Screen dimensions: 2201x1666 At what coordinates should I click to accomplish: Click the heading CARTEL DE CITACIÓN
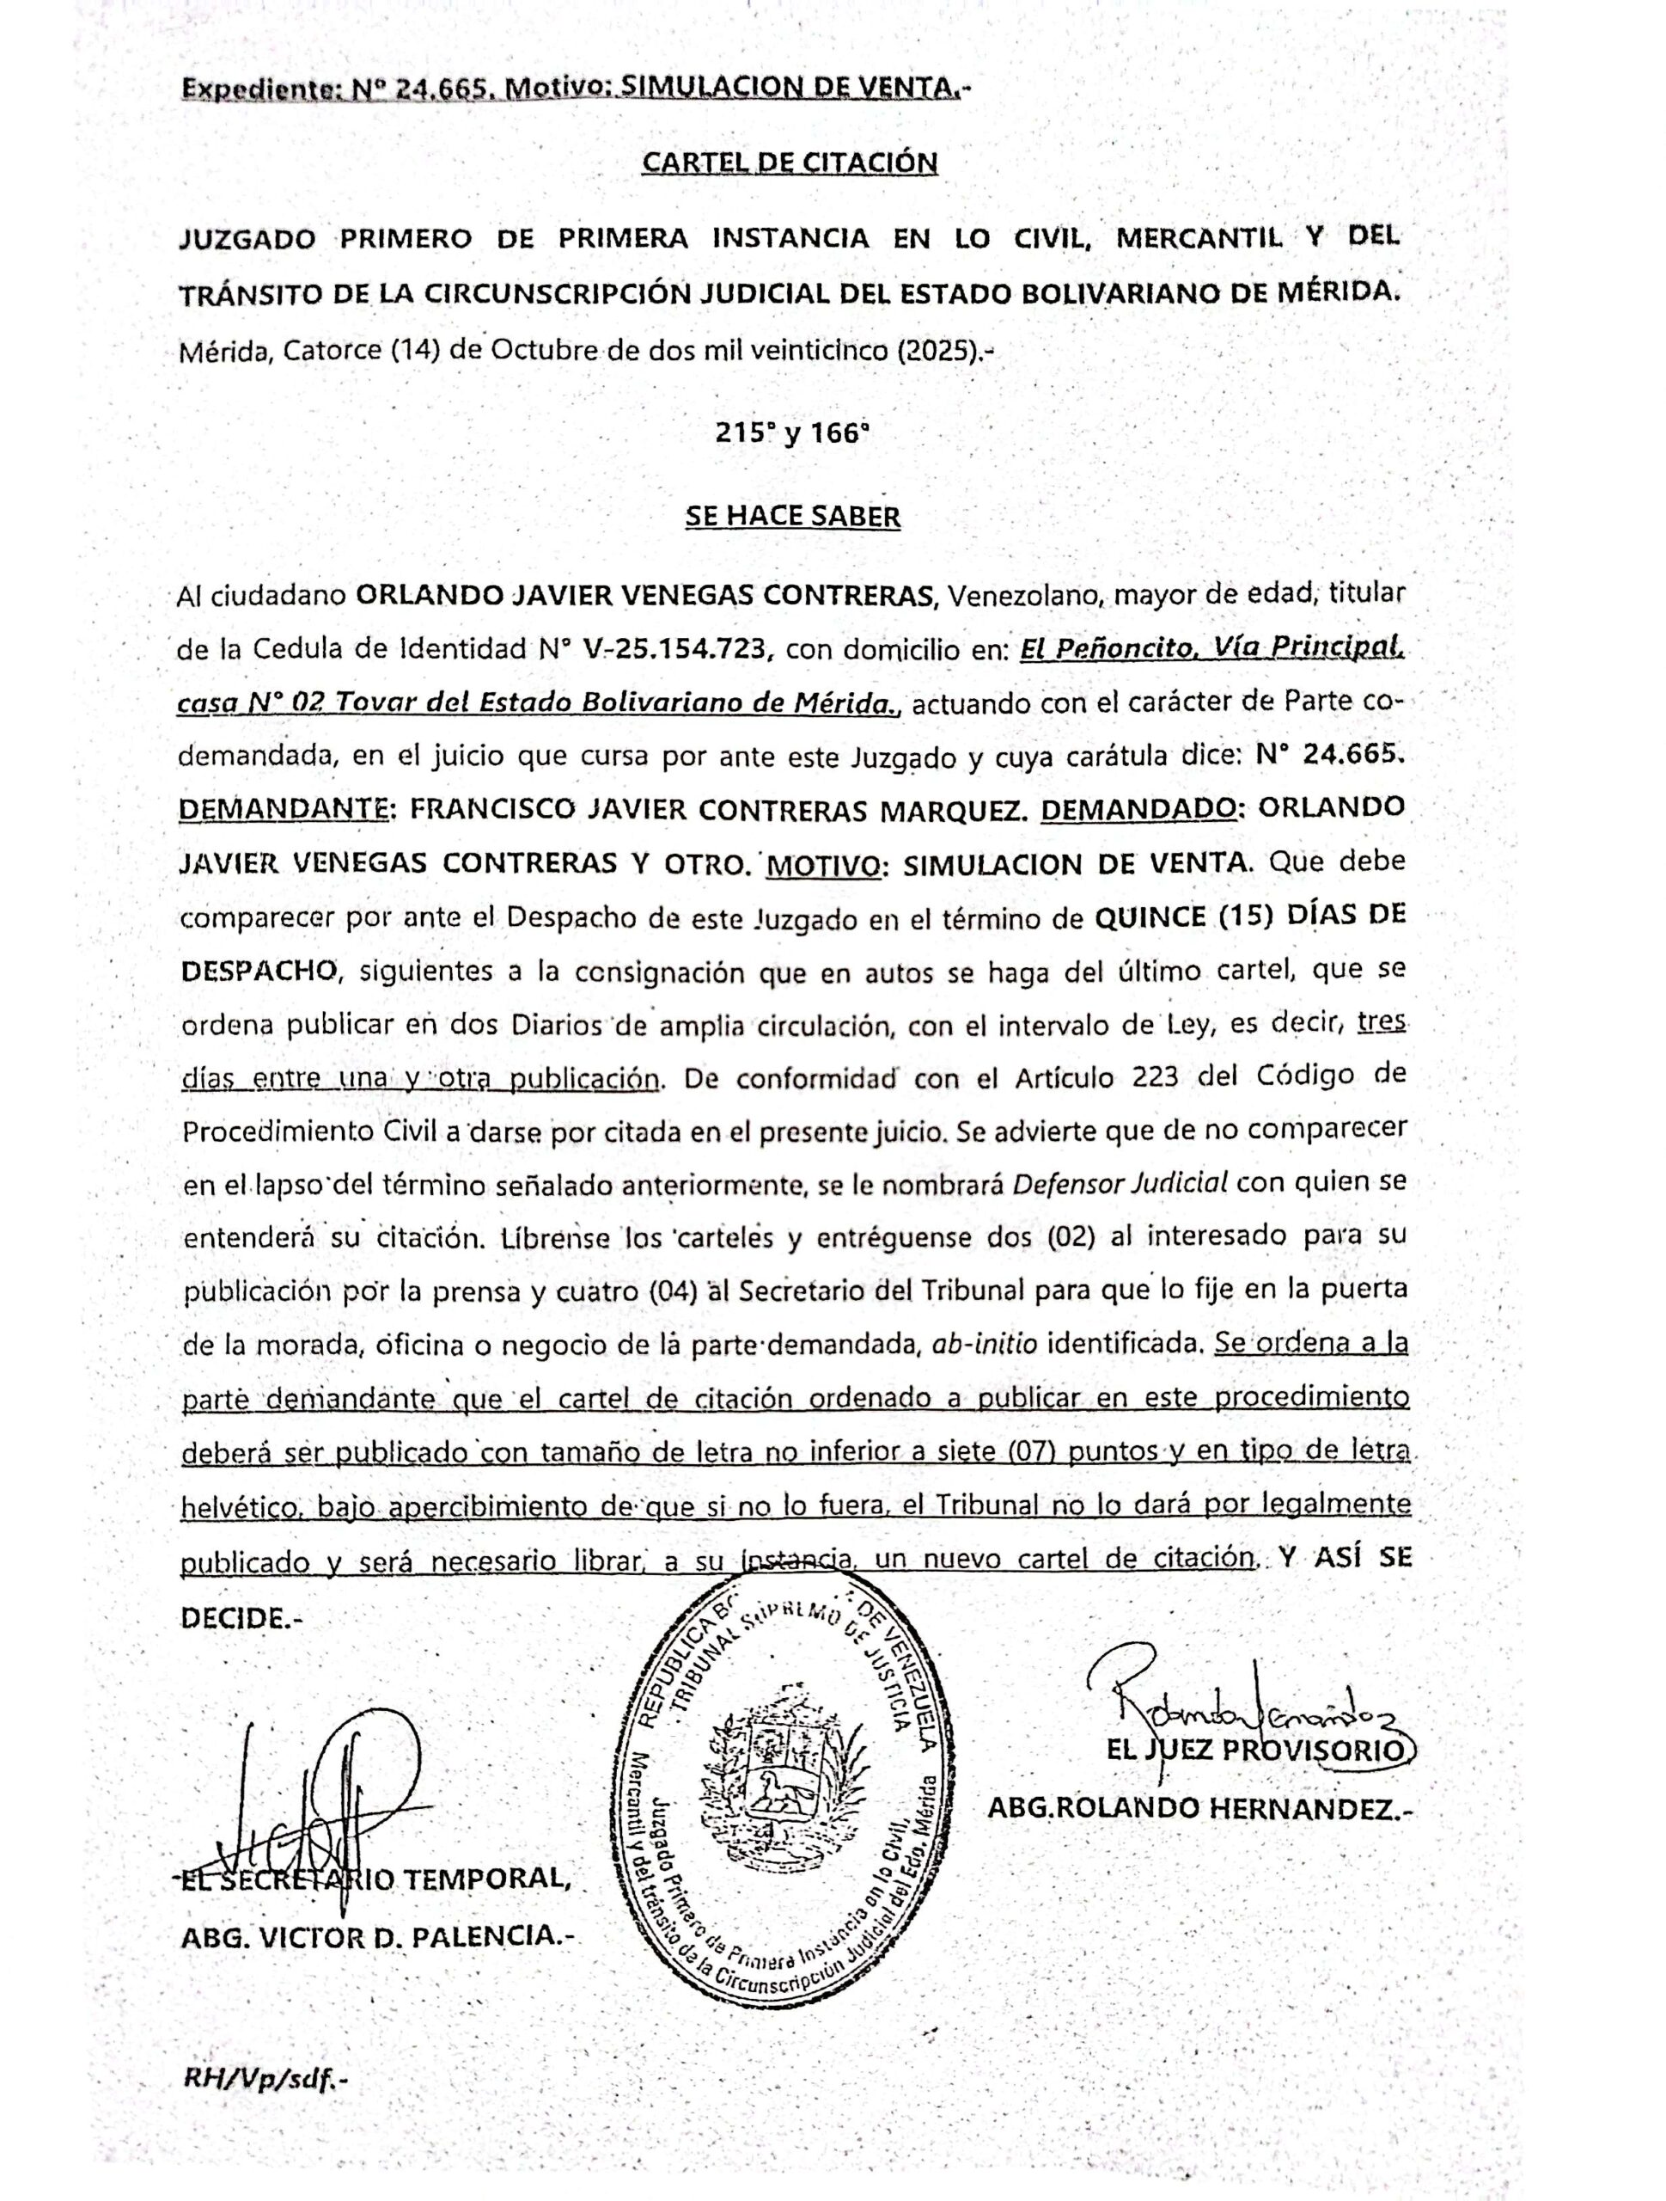[790, 162]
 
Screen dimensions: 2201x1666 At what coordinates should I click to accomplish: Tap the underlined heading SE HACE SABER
[793, 517]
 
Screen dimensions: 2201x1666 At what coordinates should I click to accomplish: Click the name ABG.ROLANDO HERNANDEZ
[1199, 1808]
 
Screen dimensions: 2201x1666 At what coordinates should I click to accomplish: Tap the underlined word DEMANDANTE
[284, 809]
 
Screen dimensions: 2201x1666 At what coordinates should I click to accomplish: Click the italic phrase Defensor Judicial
[1120, 1183]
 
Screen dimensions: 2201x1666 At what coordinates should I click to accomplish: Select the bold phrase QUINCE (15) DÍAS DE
[1249, 917]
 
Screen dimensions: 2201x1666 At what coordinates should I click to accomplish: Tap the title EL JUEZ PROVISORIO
[1257, 1750]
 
